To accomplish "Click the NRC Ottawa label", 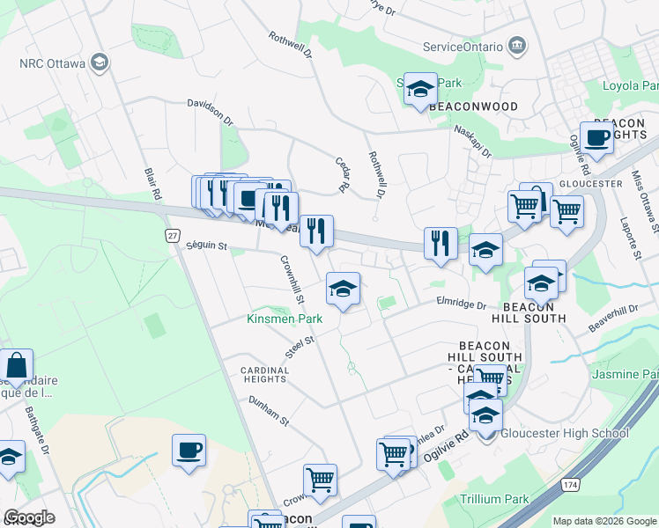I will [52, 63].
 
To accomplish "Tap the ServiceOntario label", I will [463, 46].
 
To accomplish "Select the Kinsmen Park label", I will [284, 318].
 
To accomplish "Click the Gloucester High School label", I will [565, 433].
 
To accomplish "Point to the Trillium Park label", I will [494, 499].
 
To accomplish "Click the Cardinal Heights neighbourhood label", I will [265, 376].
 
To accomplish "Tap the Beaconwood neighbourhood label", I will [473, 106].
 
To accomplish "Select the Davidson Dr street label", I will [210, 111].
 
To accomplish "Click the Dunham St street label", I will [269, 410].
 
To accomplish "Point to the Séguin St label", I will [207, 247].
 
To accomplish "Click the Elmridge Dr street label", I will [461, 304].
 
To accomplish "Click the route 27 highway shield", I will [174, 235].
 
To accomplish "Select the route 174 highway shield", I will [569, 484].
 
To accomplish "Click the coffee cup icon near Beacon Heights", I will [596, 137].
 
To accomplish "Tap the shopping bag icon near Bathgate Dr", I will [16, 364].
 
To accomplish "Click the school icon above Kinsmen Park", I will [343, 288].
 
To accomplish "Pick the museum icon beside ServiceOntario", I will [517, 46].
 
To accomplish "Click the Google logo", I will [29, 517].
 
